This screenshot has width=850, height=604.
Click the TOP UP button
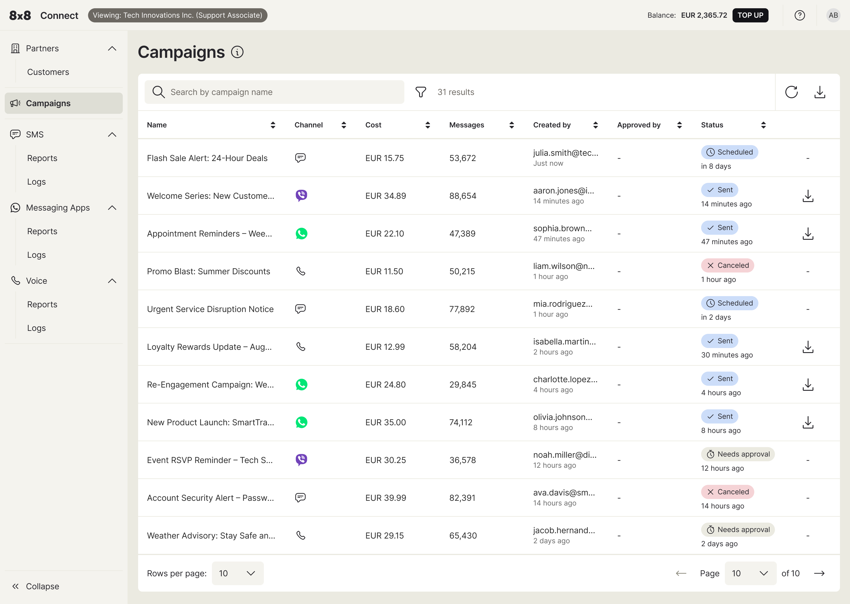point(750,15)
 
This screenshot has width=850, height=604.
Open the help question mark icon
point(800,15)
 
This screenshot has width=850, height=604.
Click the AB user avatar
point(833,15)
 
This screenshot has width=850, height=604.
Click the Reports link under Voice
point(42,304)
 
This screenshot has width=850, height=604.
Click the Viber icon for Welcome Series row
point(301,196)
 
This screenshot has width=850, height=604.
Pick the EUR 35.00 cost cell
point(385,422)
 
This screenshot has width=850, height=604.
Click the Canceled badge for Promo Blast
point(727,265)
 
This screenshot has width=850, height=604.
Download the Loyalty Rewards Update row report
point(807,347)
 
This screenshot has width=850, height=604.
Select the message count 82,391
point(462,498)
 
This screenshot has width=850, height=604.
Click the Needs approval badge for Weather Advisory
point(738,530)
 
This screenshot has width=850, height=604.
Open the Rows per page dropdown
point(237,573)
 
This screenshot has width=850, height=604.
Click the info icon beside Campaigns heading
point(237,52)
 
